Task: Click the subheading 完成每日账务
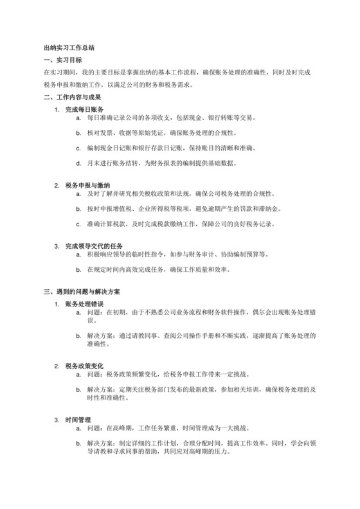coord(84,110)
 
